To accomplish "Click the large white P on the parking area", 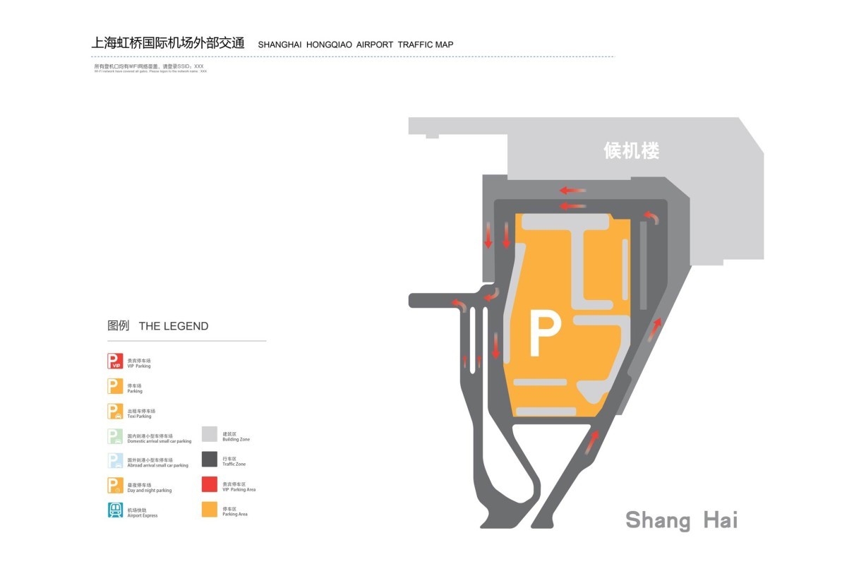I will (x=544, y=335).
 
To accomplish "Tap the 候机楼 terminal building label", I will (x=632, y=150).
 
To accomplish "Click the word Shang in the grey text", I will (x=658, y=520).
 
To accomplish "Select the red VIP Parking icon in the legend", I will (x=115, y=361).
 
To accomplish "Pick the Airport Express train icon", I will (x=115, y=510).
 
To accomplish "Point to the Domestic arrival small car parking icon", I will (x=115, y=436).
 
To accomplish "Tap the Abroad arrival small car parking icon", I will (x=115, y=460).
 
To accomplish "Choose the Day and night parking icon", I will (x=115, y=486).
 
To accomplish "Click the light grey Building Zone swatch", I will (x=210, y=434).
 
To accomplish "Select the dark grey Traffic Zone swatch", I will (x=210, y=459).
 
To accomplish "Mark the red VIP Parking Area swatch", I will (x=210, y=484).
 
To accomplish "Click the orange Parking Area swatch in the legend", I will (x=210, y=509).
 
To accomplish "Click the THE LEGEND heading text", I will (x=174, y=326).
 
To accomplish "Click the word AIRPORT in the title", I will (x=375, y=44).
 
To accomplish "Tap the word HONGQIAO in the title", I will (x=329, y=44).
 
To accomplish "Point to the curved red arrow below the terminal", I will (x=654, y=217).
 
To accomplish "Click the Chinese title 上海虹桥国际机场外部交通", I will (x=168, y=42).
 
